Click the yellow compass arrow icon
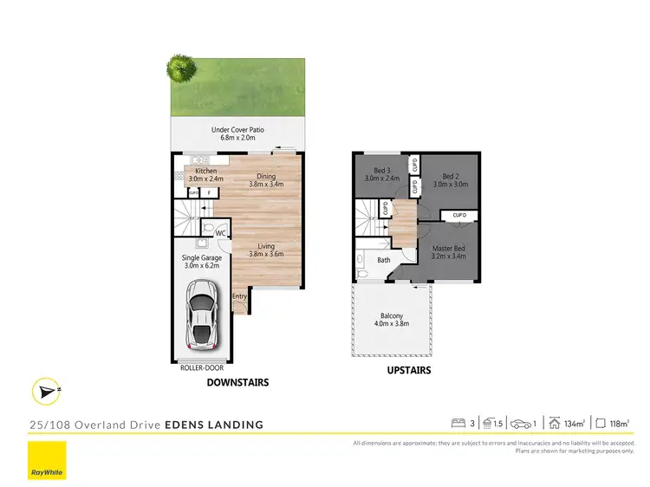pyautogui.click(x=46, y=393)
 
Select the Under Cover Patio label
pyautogui.click(x=237, y=131)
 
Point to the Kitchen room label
pyautogui.click(x=205, y=172)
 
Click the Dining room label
pyautogui.click(x=265, y=178)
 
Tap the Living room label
pyautogui.click(x=265, y=247)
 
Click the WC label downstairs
pyautogui.click(x=220, y=233)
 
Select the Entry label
pyautogui.click(x=239, y=296)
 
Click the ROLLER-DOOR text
pyautogui.click(x=202, y=367)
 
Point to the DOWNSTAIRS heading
pyautogui.click(x=237, y=382)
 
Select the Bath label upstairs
pyautogui.click(x=384, y=259)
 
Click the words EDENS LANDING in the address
pyautogui.click(x=220, y=425)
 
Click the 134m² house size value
pyautogui.click(x=572, y=424)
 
